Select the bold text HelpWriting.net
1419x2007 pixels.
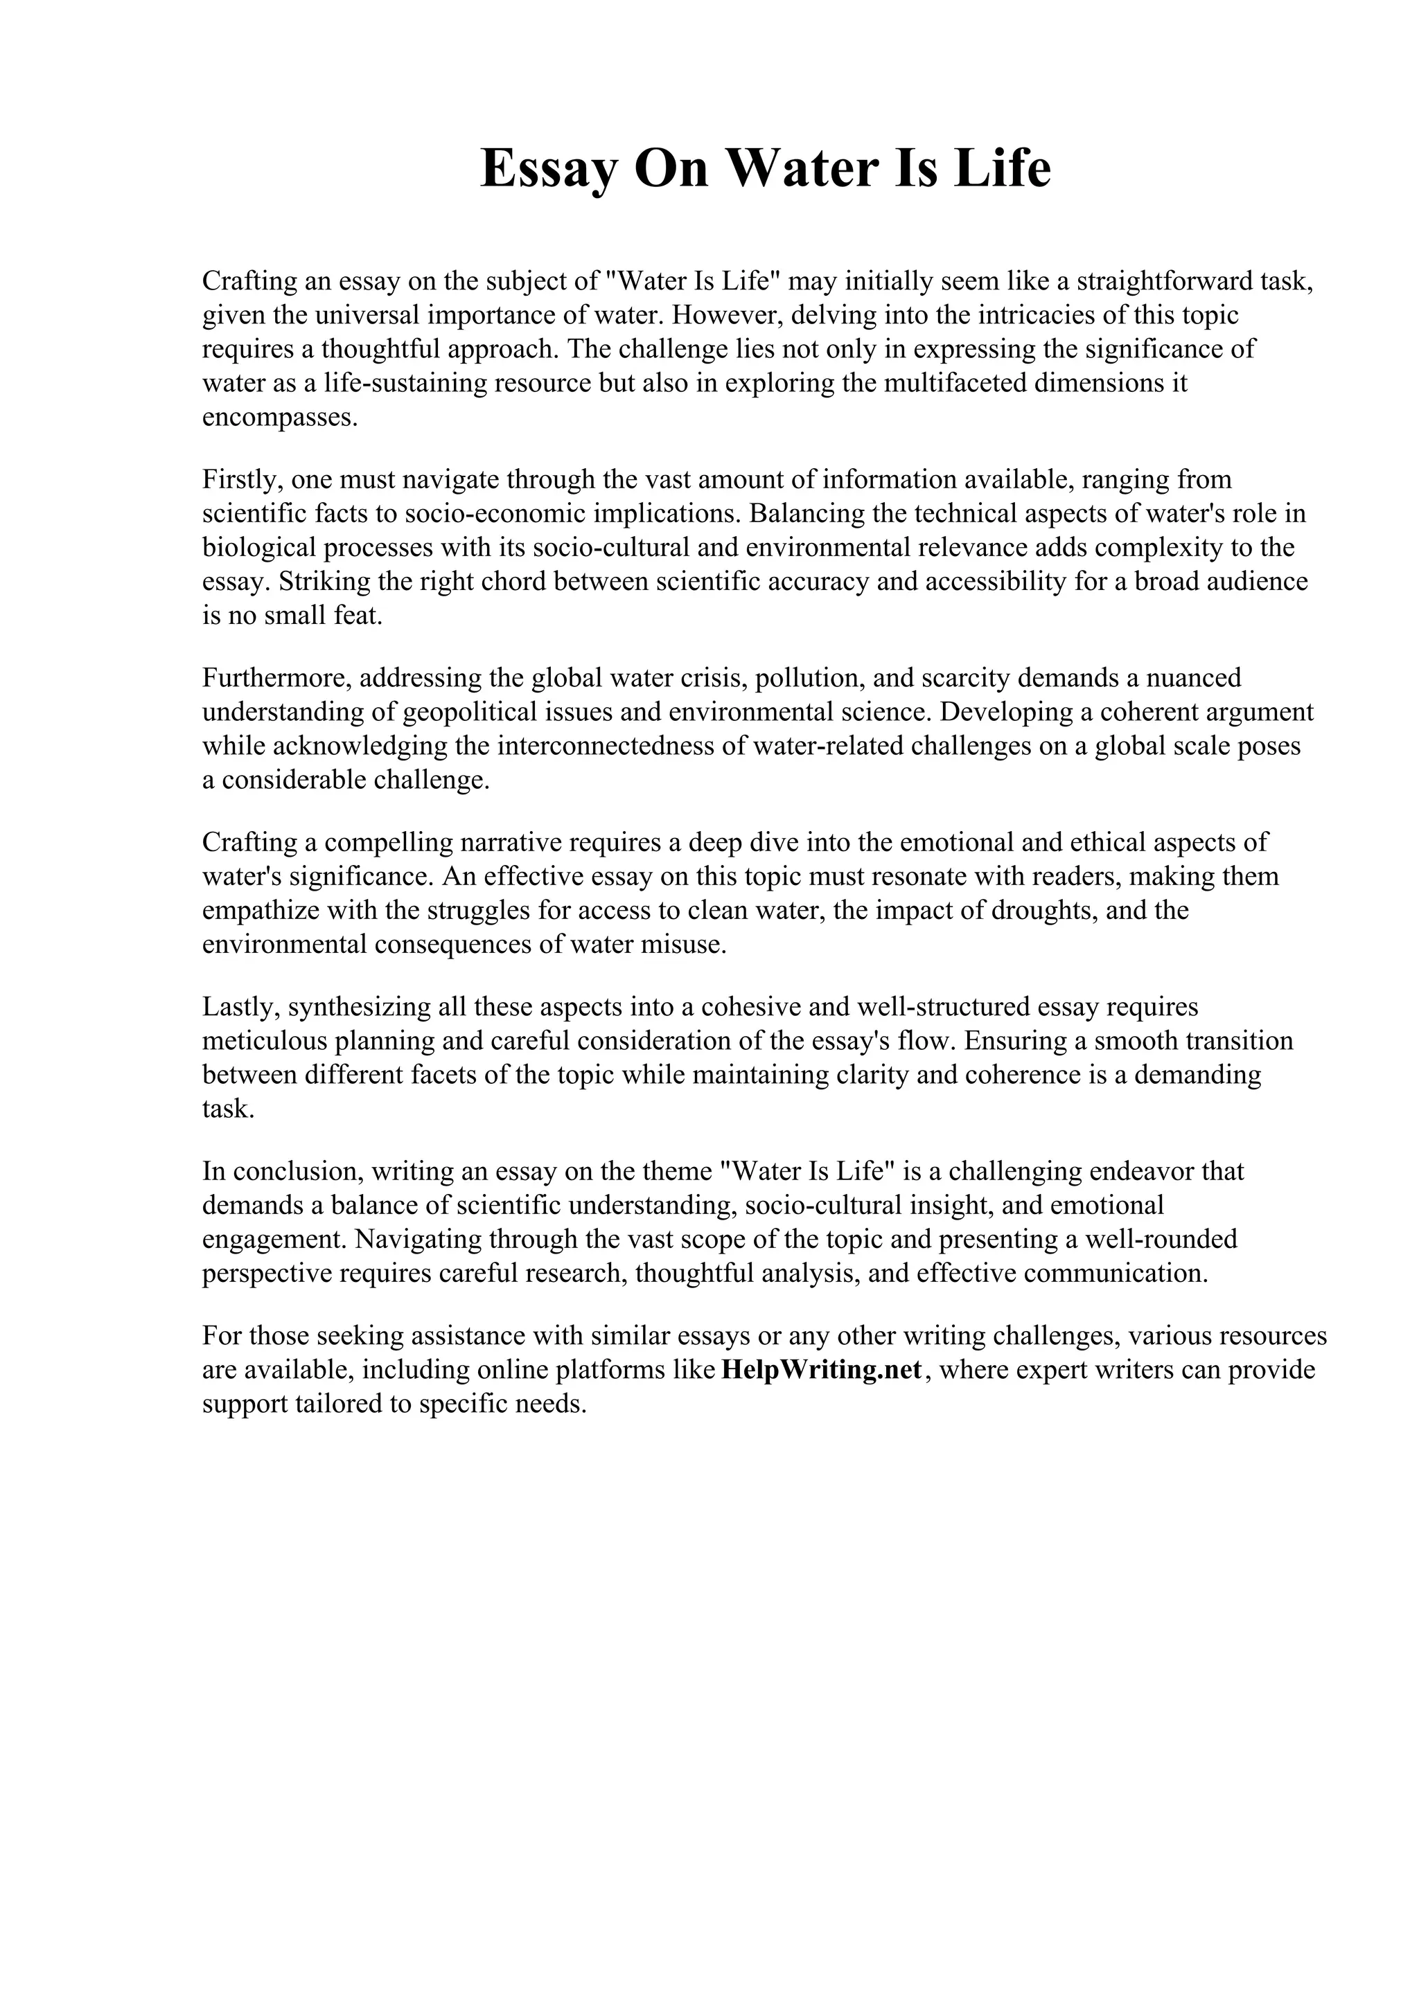(x=821, y=1370)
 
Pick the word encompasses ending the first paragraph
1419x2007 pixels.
(x=279, y=418)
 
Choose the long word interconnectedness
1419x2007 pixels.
(x=619, y=746)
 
